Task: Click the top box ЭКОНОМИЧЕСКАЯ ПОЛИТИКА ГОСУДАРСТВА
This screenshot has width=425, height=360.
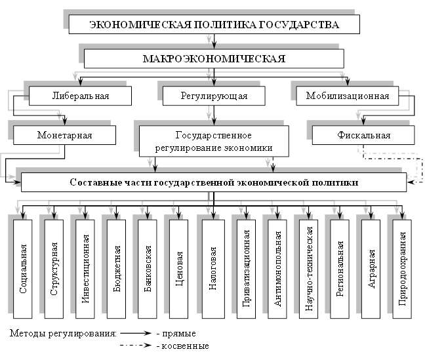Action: pyautogui.click(x=214, y=25)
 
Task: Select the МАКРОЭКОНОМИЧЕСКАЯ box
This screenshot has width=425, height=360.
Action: pyautogui.click(x=214, y=58)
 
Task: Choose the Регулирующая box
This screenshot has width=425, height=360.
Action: pyautogui.click(x=214, y=96)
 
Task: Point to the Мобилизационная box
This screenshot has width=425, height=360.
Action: pyautogui.click(x=348, y=96)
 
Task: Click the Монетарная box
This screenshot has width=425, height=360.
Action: pyautogui.click(x=64, y=136)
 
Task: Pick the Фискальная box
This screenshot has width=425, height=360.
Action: pyautogui.click(x=363, y=136)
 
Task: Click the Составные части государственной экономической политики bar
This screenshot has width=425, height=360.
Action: pyautogui.click(x=214, y=181)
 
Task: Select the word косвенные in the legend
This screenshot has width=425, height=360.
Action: pyautogui.click(x=188, y=346)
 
